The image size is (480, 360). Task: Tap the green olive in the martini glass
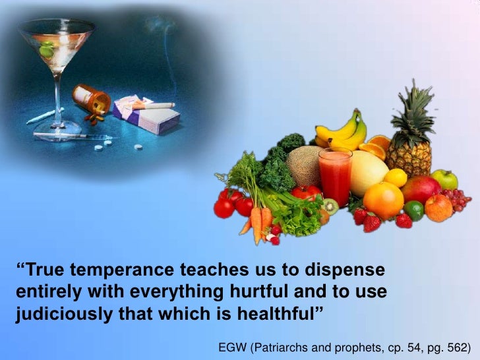[x=47, y=49]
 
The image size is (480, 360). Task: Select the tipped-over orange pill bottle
[x=91, y=99]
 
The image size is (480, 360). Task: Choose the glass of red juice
[x=336, y=175]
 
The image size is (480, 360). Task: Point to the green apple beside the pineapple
[x=446, y=179]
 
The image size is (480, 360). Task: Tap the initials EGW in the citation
[x=231, y=346]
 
